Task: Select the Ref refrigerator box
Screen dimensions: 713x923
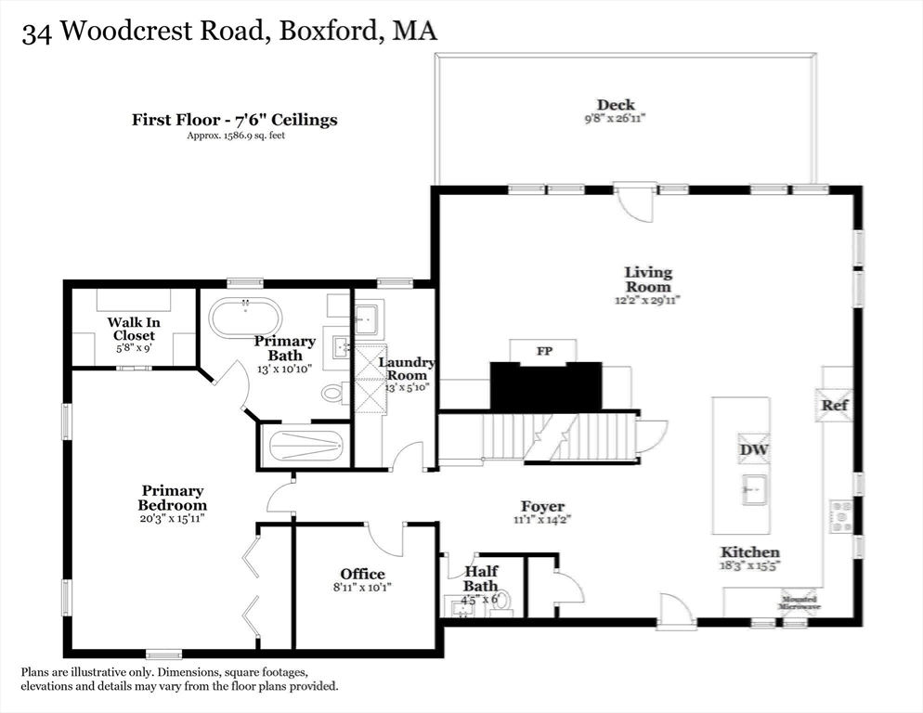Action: click(833, 406)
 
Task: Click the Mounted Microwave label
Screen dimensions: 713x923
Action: click(799, 603)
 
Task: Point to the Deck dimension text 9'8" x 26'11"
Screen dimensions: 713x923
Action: click(616, 119)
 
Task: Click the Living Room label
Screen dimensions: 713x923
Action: click(647, 279)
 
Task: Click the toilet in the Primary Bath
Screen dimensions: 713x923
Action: click(333, 393)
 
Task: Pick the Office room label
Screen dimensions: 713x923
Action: click(362, 574)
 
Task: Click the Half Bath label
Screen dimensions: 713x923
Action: click(480, 579)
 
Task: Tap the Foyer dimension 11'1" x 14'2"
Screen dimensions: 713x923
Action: click(543, 520)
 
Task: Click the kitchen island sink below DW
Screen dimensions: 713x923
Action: click(753, 487)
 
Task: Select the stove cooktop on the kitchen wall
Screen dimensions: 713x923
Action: click(840, 516)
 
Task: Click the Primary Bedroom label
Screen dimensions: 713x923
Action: click(173, 498)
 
